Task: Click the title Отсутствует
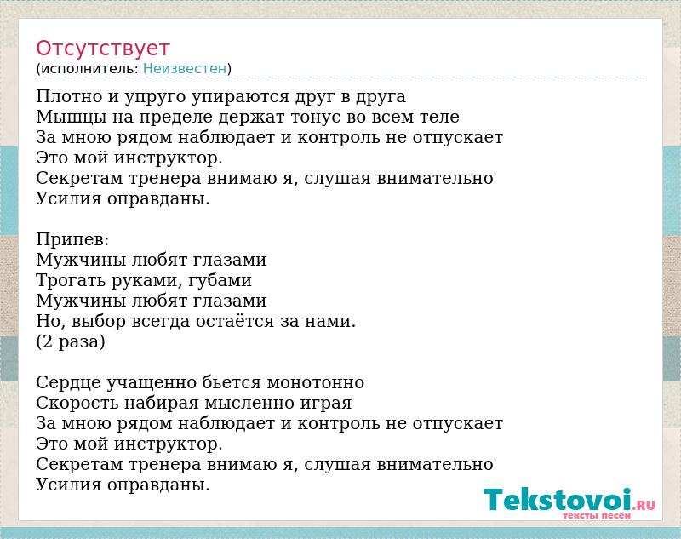coord(102,49)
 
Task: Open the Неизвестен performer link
coord(185,69)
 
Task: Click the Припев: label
coord(72,239)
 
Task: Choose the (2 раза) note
coord(71,341)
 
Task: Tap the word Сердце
coord(68,383)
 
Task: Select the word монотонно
coord(315,383)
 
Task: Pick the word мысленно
coord(249,404)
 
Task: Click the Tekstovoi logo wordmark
coord(558,500)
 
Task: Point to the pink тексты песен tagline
coord(597,515)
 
